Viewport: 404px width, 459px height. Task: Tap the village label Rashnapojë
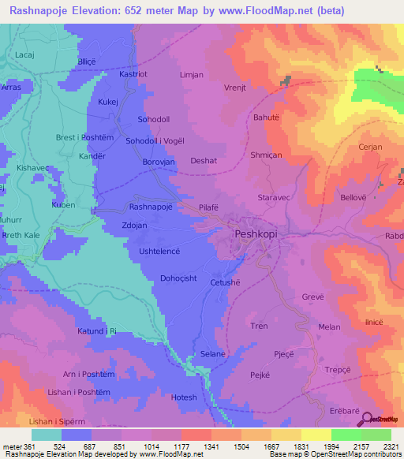[152, 207]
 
